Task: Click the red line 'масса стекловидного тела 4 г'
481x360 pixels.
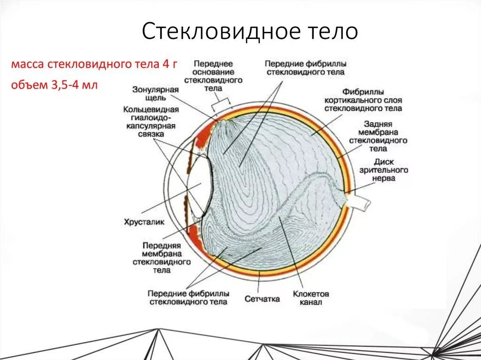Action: click(94, 64)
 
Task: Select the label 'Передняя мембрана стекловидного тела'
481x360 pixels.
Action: click(162, 258)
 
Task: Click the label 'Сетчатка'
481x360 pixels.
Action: click(262, 299)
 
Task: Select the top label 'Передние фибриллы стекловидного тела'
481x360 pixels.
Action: click(305, 68)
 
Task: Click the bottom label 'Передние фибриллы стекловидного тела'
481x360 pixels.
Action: click(188, 298)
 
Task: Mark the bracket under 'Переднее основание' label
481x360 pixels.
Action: click(222, 100)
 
